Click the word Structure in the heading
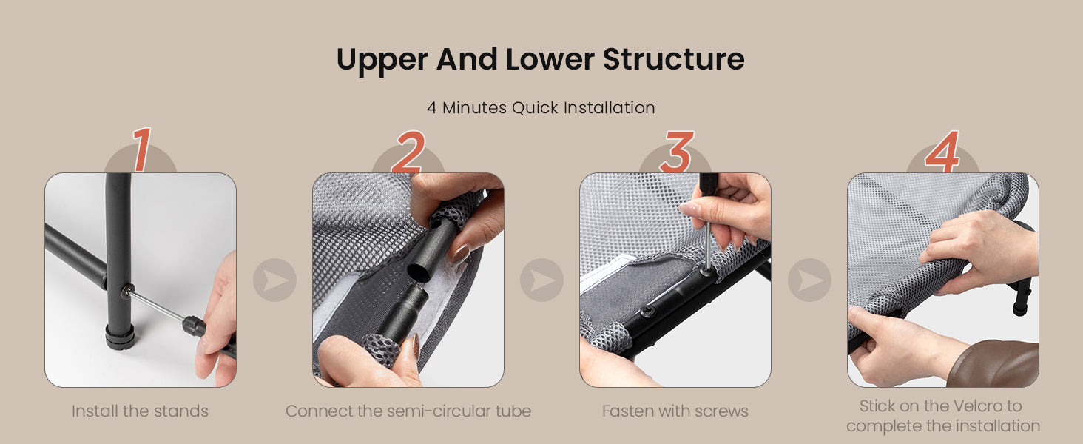pyautogui.click(x=673, y=59)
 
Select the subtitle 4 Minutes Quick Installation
pyautogui.click(x=541, y=107)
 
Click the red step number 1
pyautogui.click(x=141, y=149)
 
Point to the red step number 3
pyautogui.click(x=677, y=152)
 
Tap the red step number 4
pyautogui.click(x=942, y=152)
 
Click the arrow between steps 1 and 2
pyautogui.click(x=274, y=280)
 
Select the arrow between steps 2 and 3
pyautogui.click(x=542, y=280)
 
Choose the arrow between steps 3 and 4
pyautogui.click(x=810, y=280)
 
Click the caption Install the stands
pyautogui.click(x=141, y=411)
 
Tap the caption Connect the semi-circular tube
pyautogui.click(x=408, y=411)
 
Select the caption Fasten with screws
pyautogui.click(x=675, y=411)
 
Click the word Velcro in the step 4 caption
pyautogui.click(x=978, y=406)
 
